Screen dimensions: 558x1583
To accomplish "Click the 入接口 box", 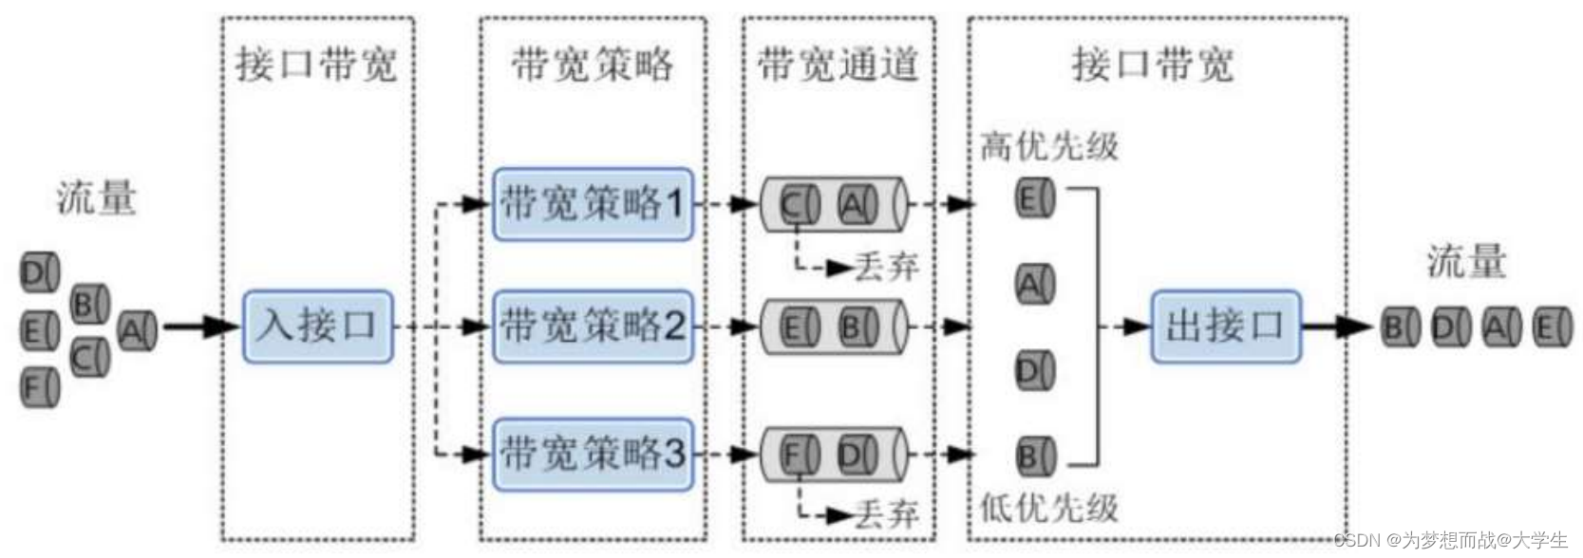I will [x=317, y=326].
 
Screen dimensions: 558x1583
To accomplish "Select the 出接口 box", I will [x=1225, y=326].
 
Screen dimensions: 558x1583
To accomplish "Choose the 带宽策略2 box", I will [x=593, y=326].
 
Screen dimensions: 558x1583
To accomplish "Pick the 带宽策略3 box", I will [x=593, y=454].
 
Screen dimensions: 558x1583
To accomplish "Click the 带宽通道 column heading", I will [x=838, y=65].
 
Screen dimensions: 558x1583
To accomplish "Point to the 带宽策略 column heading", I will [x=593, y=65].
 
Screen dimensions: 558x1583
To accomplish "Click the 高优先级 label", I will [x=1049, y=146].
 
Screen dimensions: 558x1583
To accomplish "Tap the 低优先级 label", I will [x=1049, y=509].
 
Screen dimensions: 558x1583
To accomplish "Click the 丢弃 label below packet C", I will [x=886, y=268].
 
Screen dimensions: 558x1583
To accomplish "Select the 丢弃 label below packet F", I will [x=886, y=514].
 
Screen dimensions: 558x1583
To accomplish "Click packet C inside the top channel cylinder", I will [x=799, y=204].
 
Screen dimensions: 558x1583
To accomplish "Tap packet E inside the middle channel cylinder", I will [x=799, y=327].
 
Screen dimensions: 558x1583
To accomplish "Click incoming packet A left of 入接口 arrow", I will [x=137, y=330].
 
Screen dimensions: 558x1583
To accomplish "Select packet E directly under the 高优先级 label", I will [x=1034, y=198].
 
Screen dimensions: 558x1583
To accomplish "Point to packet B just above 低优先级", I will [x=1034, y=456].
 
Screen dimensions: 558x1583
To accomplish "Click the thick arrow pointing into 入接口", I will [x=201, y=327].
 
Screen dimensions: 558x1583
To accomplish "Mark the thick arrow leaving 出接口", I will [x=1337, y=327].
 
